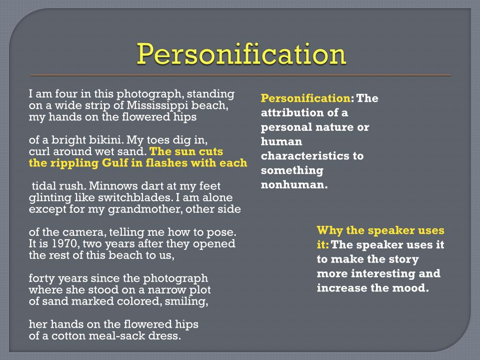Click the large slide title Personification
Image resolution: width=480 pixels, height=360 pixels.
(x=241, y=55)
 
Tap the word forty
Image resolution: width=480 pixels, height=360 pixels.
(x=41, y=278)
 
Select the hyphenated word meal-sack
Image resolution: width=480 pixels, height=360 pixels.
(x=112, y=336)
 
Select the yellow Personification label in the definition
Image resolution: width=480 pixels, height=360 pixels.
(x=305, y=98)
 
